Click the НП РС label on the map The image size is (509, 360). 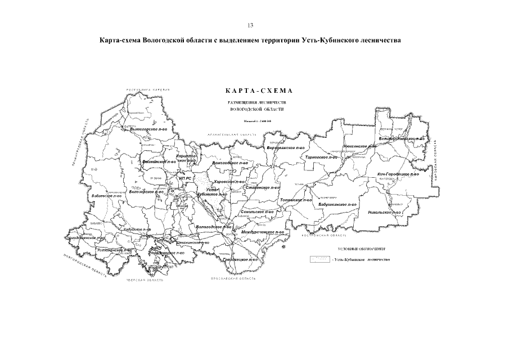tap(185, 178)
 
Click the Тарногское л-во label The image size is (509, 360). tap(318, 158)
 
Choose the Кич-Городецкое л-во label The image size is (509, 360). tap(398, 174)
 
